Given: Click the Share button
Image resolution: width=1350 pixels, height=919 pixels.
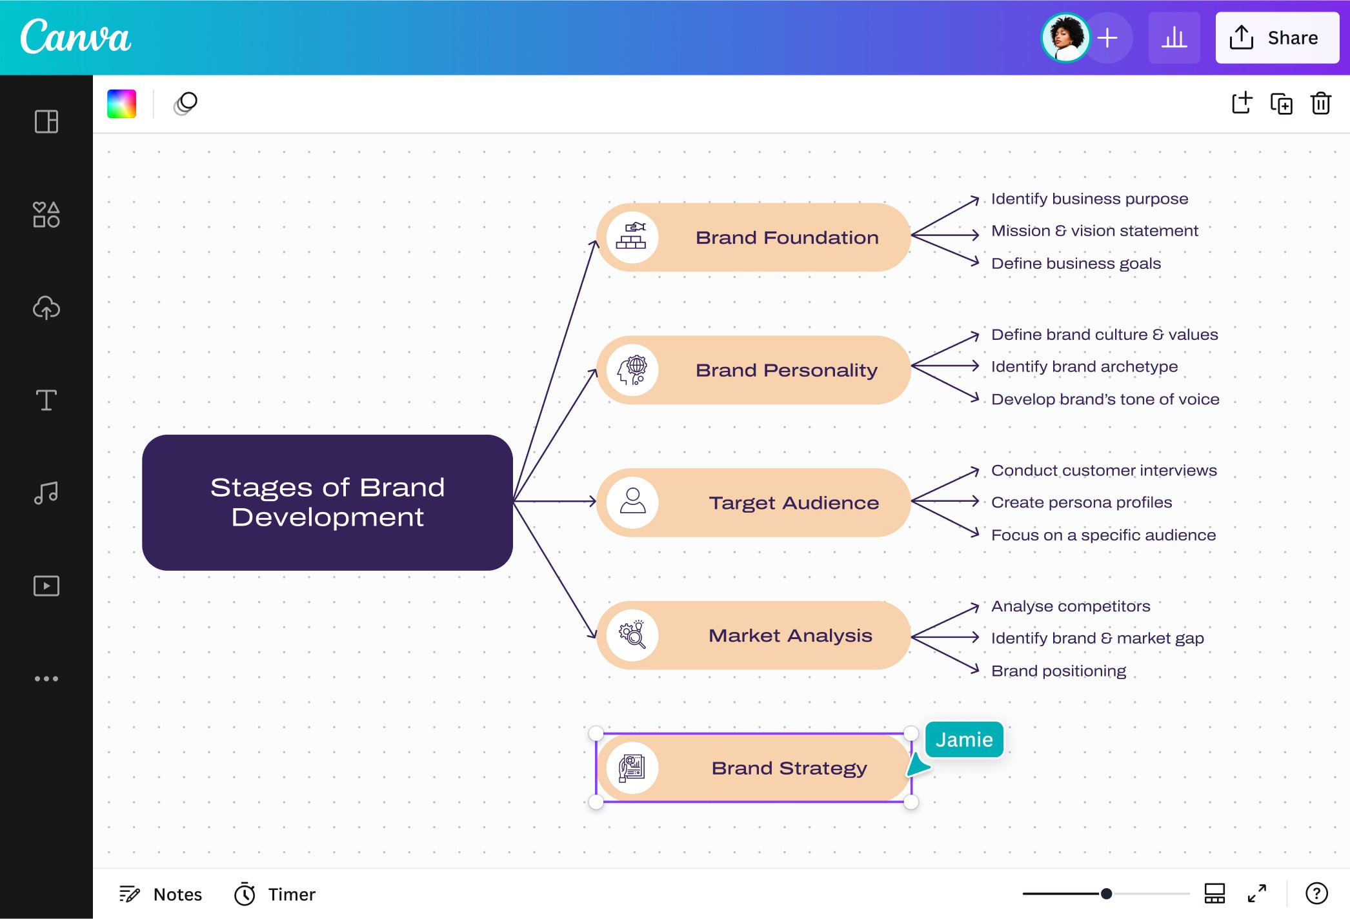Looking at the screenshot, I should point(1276,37).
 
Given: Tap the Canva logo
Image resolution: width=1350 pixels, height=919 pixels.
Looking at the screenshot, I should point(76,37).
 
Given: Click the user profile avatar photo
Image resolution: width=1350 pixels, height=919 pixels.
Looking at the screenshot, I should point(1065,37).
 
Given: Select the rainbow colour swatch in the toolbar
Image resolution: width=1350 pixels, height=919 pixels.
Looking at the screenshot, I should point(121,104).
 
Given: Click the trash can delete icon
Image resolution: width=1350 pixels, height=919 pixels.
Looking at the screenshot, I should point(1320,104).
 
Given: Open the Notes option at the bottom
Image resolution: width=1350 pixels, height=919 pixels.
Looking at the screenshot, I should point(161,894).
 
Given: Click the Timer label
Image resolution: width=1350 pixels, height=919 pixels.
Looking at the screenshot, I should point(291,894).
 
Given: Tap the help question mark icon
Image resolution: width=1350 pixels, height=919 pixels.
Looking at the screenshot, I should point(1316,893).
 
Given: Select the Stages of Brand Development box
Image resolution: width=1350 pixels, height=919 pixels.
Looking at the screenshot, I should point(327,502).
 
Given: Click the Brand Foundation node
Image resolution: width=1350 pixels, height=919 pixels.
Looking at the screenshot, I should point(786,237).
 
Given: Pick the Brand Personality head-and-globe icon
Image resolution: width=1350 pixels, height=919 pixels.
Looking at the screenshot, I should point(632,370).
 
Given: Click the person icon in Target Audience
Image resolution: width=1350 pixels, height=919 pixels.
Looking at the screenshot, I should point(632,502).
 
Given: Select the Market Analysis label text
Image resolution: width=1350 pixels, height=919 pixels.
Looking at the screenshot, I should point(790,635).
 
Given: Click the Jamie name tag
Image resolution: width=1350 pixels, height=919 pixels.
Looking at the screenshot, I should point(964,739).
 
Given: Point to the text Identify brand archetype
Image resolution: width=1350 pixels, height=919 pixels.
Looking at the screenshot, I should point(1084,366).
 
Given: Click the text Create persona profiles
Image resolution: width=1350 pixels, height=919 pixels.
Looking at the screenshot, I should point(1082,502).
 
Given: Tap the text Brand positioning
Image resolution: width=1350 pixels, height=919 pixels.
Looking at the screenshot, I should point(1058,671).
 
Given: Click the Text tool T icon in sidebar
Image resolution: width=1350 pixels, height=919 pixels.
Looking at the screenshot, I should point(46,400).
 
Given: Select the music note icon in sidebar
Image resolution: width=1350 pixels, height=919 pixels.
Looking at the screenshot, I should point(46,493).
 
